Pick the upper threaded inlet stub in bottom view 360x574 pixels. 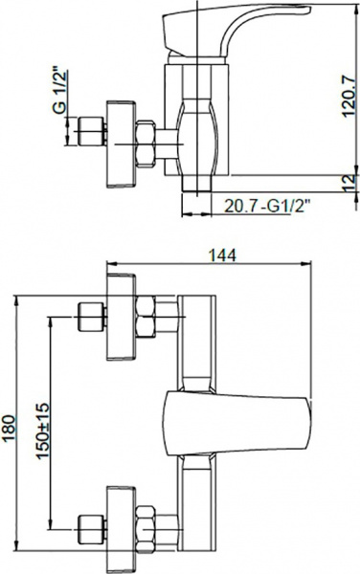pyautogui.click(x=91, y=313)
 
